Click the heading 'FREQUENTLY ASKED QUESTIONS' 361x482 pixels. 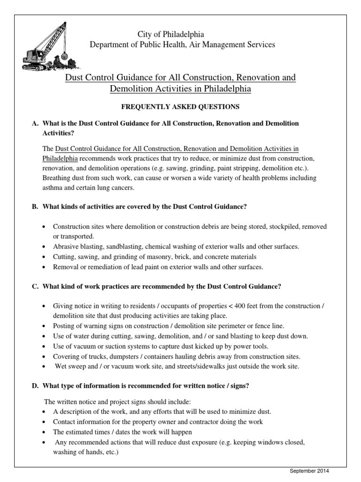point(180,107)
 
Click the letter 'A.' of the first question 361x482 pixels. point(35,123)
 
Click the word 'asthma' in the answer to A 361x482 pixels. point(54,188)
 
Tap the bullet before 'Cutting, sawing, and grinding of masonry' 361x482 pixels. point(44,257)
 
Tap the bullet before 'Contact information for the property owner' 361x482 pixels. point(44,422)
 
